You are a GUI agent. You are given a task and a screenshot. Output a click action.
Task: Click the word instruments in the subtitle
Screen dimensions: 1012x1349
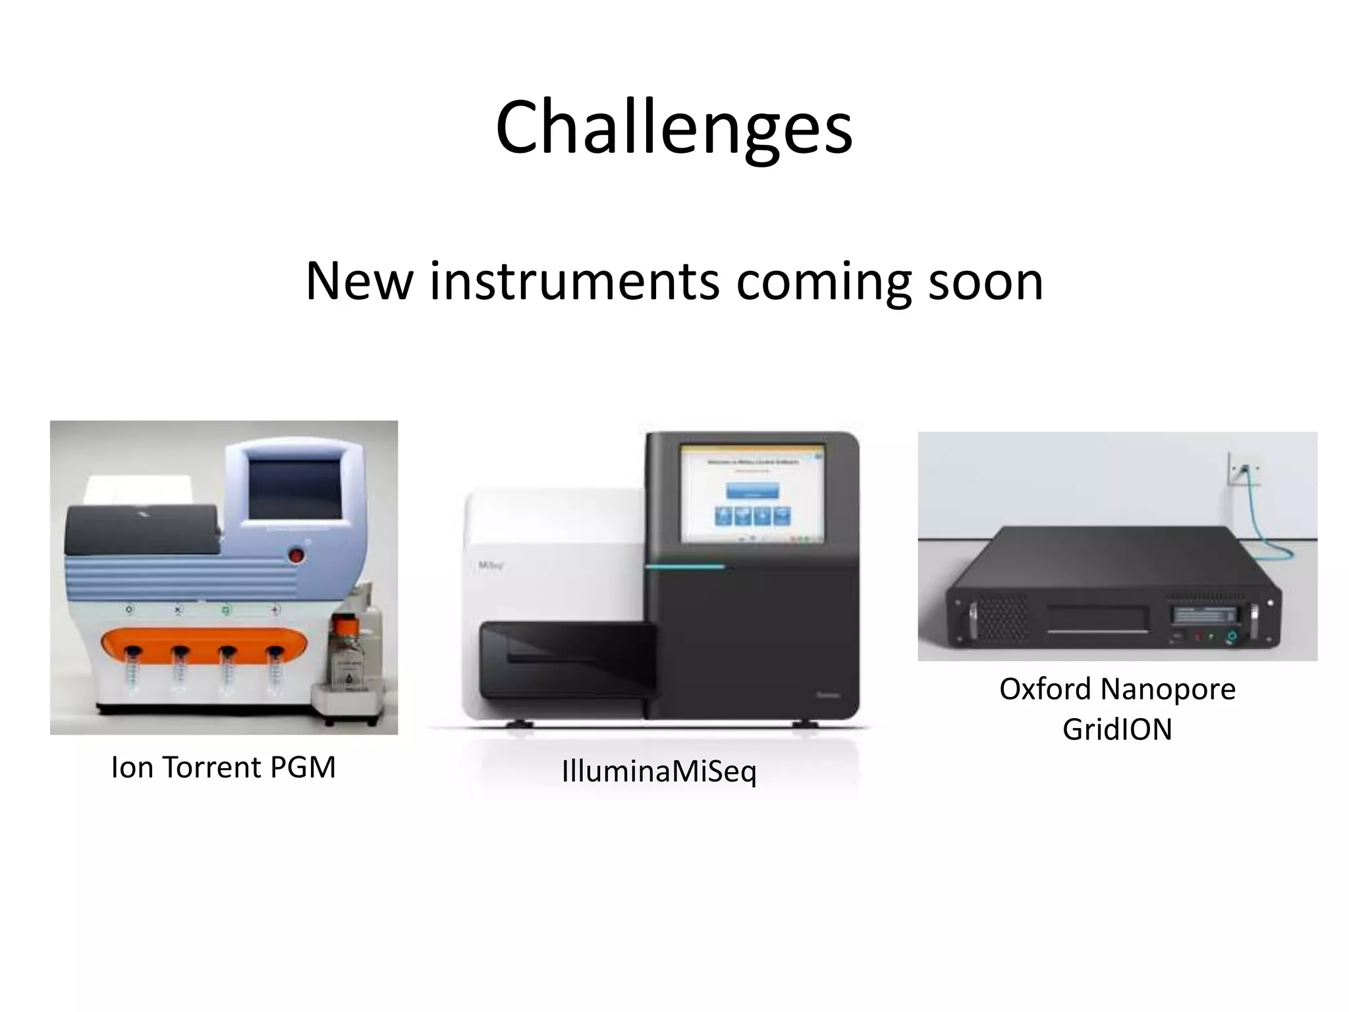click(x=574, y=282)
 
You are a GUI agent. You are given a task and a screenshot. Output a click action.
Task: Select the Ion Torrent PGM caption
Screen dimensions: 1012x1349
click(x=223, y=768)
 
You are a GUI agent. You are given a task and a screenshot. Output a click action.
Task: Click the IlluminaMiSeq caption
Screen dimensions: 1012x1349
click(x=659, y=771)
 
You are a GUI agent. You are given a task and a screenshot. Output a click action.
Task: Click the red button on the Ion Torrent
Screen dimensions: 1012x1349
click(x=297, y=556)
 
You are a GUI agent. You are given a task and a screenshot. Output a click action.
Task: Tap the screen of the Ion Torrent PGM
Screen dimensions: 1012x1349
click(x=294, y=490)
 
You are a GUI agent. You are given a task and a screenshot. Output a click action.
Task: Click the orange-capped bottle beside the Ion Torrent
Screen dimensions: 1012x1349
click(x=347, y=652)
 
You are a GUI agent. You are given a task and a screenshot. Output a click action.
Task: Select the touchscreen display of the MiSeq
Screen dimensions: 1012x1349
click(x=752, y=494)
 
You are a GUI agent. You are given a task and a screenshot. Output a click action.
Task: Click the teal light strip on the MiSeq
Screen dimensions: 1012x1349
click(x=685, y=567)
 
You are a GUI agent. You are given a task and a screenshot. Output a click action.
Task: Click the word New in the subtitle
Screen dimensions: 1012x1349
click(x=359, y=282)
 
